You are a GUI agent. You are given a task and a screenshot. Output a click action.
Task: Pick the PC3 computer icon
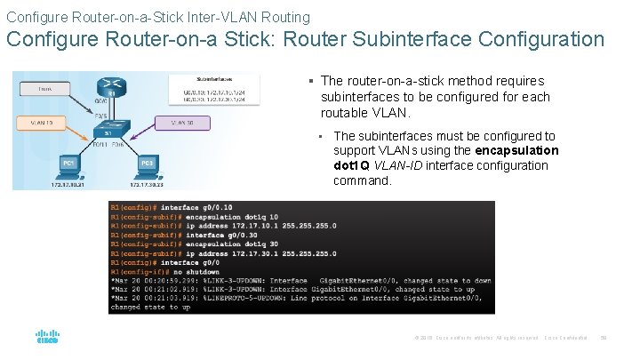pos(148,166)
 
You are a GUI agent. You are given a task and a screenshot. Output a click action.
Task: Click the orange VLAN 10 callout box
pos(43,122)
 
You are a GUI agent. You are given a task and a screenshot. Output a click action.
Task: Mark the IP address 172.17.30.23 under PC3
pos(148,184)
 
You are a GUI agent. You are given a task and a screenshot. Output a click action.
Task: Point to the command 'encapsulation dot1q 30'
pos(231,244)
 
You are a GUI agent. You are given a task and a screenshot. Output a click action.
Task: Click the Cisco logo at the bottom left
pos(46,337)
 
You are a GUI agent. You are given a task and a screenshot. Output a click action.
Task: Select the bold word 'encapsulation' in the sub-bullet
pos(517,150)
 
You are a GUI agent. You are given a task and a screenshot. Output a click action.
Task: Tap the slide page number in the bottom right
pos(604,337)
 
